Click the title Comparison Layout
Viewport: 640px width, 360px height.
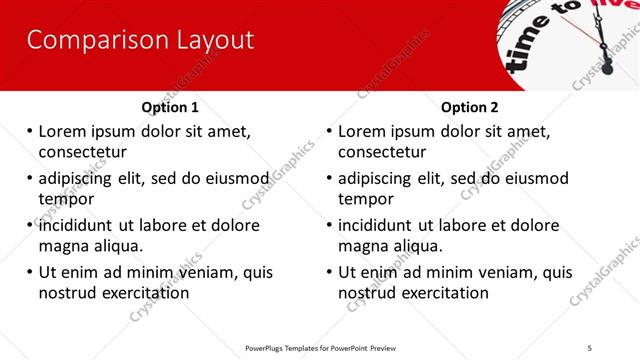[x=140, y=41]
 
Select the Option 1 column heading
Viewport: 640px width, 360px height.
[x=170, y=107]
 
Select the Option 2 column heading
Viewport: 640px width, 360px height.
[x=470, y=107]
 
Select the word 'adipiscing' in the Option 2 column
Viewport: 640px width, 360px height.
[x=380, y=178]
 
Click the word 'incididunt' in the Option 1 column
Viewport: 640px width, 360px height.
[x=80, y=225]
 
